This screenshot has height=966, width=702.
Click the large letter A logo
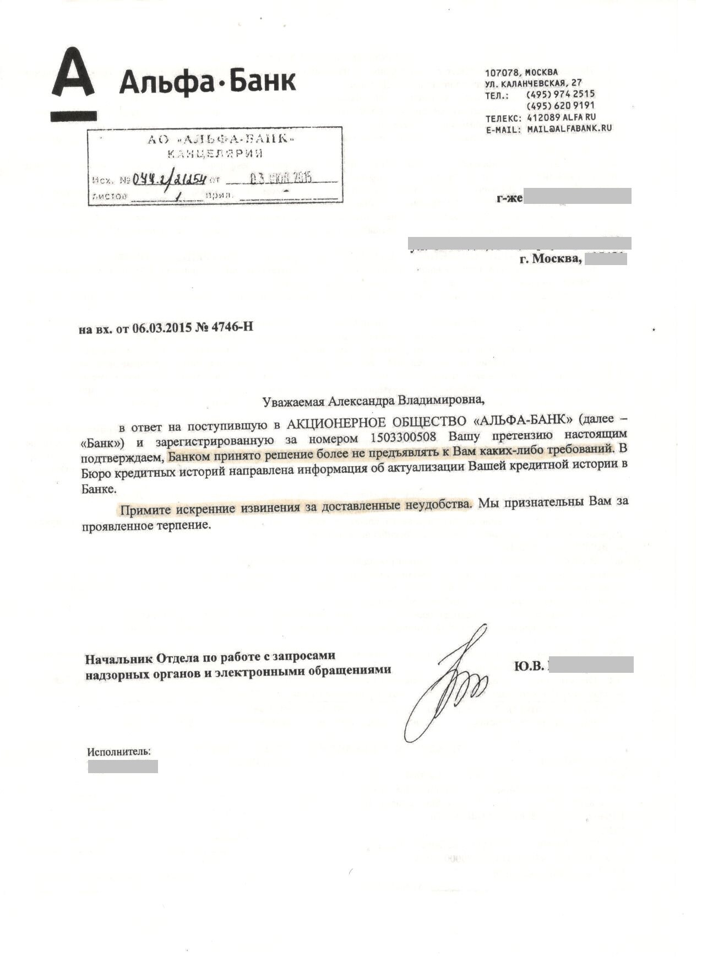73,79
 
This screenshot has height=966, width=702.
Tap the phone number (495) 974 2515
560,94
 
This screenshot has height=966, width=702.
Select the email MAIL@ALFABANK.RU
569,128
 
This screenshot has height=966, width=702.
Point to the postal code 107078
501,72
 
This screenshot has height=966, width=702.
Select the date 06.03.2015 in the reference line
161,328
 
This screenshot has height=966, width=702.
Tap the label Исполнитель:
119,751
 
